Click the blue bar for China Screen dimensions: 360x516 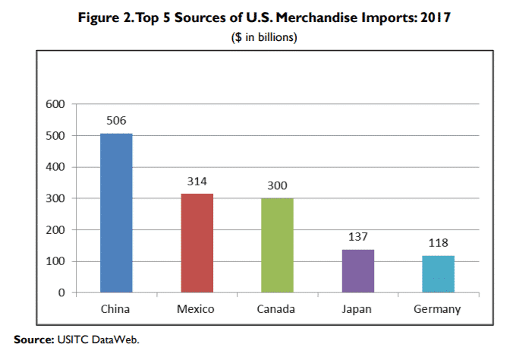pos(116,213)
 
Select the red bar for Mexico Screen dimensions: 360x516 pos(197,243)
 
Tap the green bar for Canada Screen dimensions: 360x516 pos(277,245)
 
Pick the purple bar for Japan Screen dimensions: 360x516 pos(357,270)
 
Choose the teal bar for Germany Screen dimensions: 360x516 pos(438,273)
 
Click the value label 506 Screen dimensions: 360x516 pos(116,121)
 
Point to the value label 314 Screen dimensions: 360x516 pos(197,182)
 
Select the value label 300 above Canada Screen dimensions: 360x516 pos(277,186)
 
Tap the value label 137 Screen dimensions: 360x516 pos(357,237)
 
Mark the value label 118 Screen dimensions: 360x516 pos(438,243)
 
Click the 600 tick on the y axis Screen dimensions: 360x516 pos(56,104)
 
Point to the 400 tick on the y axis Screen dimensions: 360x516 pos(56,167)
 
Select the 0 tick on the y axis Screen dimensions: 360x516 pos(63,292)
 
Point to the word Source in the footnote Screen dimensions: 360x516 pos(33,339)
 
